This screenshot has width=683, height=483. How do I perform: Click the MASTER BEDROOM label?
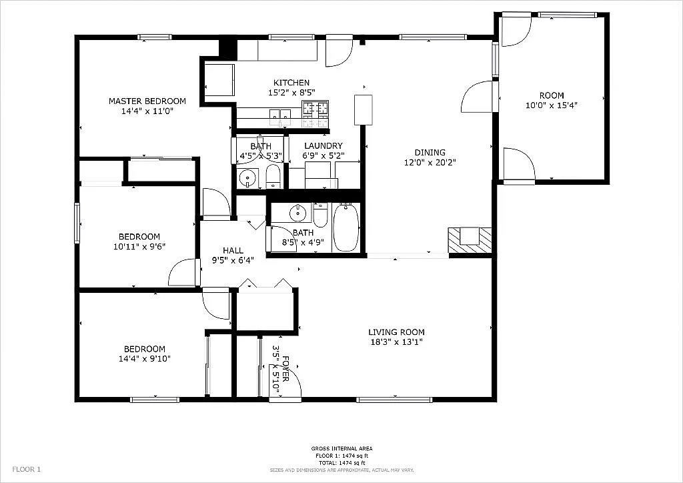(147, 101)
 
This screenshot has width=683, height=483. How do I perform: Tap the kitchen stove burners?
(315, 114)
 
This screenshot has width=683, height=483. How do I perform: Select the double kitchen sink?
(279, 117)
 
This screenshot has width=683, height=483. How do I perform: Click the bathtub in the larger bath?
(346, 227)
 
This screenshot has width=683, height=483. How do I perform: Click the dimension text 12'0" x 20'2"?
(430, 162)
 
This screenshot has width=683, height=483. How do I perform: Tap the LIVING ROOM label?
(396, 332)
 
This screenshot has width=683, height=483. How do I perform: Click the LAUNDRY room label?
(323, 146)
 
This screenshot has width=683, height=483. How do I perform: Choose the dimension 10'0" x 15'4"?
(552, 105)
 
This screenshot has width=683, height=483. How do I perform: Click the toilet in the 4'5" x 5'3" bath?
(273, 177)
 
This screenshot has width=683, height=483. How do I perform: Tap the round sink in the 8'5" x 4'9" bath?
(297, 213)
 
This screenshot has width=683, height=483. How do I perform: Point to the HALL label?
(233, 250)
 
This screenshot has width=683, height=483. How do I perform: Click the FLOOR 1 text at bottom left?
(27, 470)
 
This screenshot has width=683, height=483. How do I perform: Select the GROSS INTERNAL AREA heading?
(341, 448)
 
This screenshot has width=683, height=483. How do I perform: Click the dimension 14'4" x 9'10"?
(144, 359)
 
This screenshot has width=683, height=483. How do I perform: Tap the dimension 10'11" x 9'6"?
(139, 246)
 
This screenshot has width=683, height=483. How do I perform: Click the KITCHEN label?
(291, 83)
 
